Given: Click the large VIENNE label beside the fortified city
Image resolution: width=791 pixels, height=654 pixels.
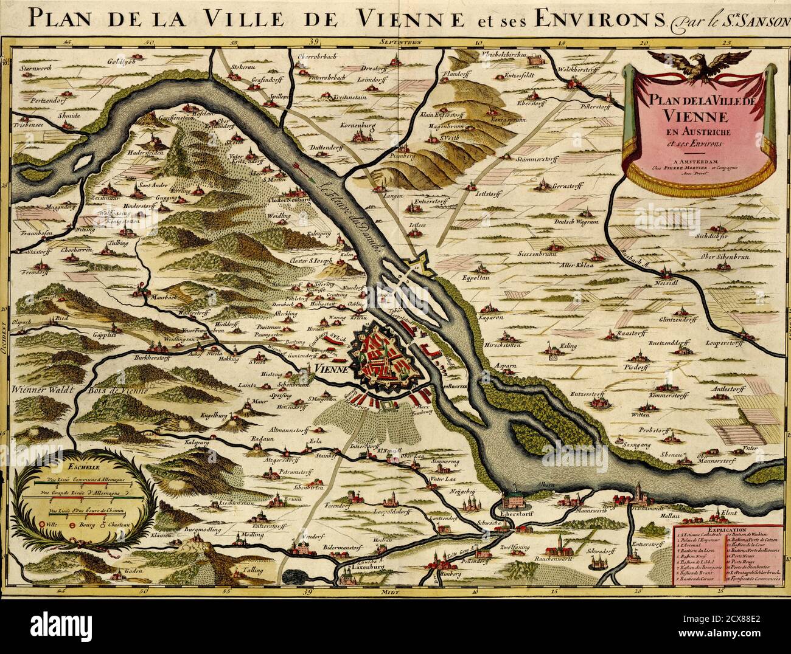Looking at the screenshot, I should click(331, 369).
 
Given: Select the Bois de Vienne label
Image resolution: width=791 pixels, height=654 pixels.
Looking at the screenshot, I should click(122, 390).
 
